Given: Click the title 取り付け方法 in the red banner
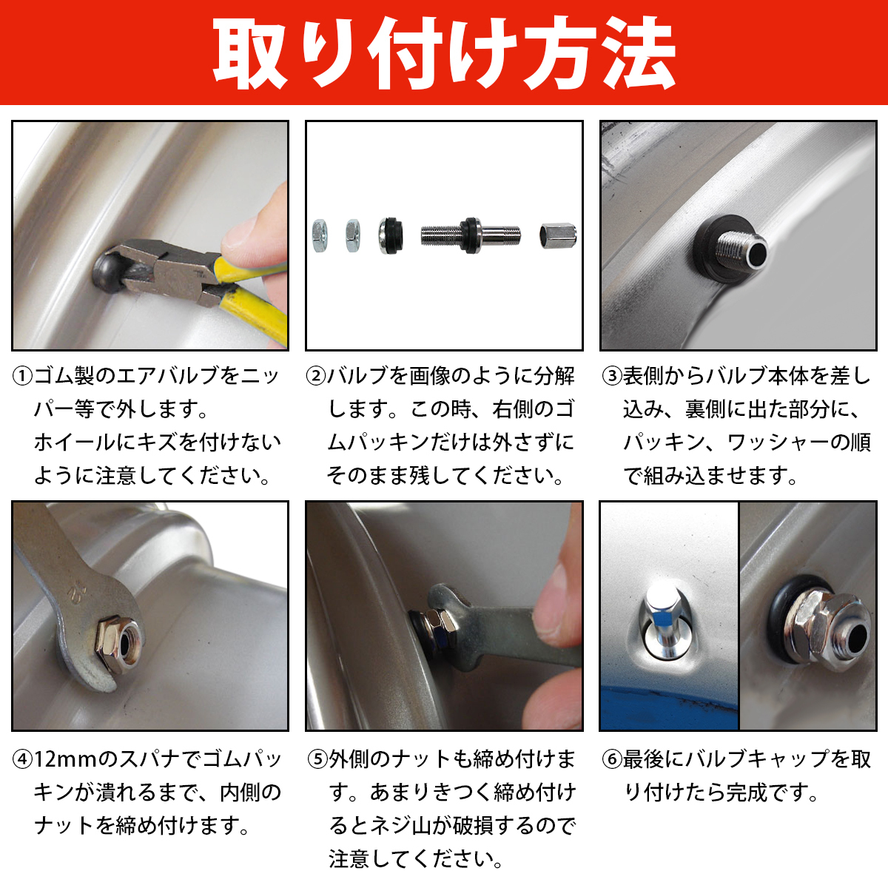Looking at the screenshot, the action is pyautogui.click(x=444, y=53).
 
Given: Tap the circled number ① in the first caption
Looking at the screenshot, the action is pyautogui.click(x=23, y=376).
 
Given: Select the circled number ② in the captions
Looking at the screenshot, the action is pyautogui.click(x=317, y=376).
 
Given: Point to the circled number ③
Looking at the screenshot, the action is pyautogui.click(x=613, y=376).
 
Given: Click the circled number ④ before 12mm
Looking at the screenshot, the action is pyautogui.click(x=23, y=759).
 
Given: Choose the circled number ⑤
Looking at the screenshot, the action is pyautogui.click(x=317, y=759).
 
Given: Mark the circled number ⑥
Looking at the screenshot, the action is pyautogui.click(x=613, y=759).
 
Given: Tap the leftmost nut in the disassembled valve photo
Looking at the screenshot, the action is pyautogui.click(x=320, y=235).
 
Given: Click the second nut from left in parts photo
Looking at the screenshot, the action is pyautogui.click(x=353, y=235).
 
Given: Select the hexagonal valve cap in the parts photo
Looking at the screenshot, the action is pyautogui.click(x=558, y=235).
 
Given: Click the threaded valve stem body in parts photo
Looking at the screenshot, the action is pyautogui.click(x=471, y=235).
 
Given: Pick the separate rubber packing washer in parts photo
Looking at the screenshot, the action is pyautogui.click(x=390, y=235).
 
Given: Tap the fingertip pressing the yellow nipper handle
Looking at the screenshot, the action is pyautogui.click(x=242, y=240).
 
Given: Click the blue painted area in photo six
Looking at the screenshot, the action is pyautogui.click(x=668, y=704).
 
